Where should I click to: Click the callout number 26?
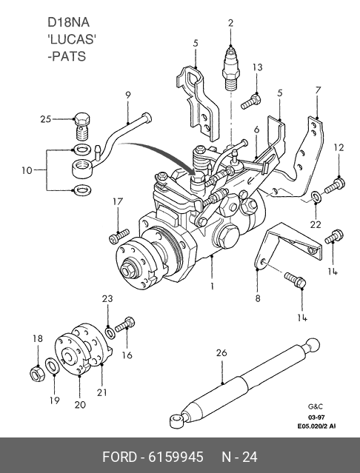point(221,352)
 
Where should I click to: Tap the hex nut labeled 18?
point(38,374)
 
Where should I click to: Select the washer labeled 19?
point(52,366)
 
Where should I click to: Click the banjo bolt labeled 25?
point(81,127)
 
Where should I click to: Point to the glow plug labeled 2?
point(231,68)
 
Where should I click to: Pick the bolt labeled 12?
point(335,185)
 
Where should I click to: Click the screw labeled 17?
point(119,236)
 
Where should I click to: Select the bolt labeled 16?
point(125,324)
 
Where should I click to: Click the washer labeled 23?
point(110,332)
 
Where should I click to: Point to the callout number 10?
point(27,170)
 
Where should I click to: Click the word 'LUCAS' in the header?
point(72,39)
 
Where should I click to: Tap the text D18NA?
point(68,23)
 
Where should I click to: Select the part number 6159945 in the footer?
point(176,457)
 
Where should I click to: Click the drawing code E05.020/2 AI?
point(316,426)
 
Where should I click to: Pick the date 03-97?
point(316,417)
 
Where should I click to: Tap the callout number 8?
point(257,298)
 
